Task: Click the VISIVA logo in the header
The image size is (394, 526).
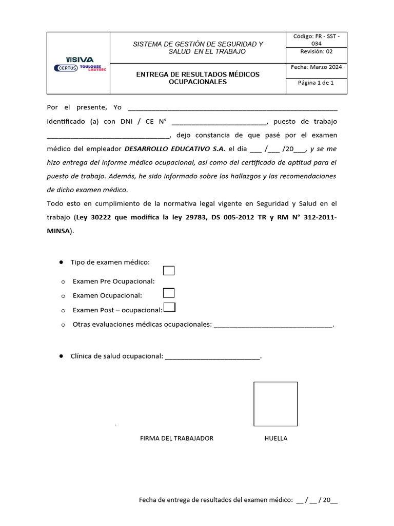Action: [80, 60]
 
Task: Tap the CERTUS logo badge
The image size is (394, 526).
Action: [65, 68]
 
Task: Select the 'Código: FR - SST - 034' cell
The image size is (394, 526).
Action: [316, 40]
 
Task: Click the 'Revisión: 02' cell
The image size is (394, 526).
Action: [316, 51]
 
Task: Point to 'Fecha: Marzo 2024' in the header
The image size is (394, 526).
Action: [316, 67]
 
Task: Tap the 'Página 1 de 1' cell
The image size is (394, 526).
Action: [316, 82]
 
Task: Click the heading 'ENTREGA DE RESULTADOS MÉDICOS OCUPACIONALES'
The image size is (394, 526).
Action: [198, 78]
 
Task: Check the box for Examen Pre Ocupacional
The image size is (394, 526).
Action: [168, 271]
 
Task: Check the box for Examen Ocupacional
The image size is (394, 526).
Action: [168, 293]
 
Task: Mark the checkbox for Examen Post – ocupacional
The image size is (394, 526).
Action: [169, 307]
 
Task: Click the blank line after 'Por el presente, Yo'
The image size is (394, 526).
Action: [232, 108]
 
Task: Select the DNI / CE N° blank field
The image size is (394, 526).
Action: [219, 122]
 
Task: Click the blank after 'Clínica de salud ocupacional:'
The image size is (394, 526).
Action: [212, 356]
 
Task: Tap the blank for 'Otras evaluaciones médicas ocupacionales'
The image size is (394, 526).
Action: [273, 325]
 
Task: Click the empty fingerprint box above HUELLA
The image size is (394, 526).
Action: [275, 404]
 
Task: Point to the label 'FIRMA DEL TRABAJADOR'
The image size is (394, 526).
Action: [176, 438]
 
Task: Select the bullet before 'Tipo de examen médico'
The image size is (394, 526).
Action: [61, 262]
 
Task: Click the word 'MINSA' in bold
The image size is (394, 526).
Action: [58, 231]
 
